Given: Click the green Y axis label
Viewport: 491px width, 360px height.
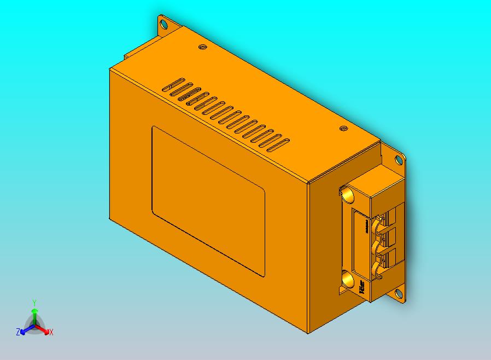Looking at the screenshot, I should [34, 303].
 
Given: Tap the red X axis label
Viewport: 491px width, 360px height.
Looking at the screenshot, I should [51, 332].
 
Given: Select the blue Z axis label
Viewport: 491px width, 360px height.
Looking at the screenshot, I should [18, 332].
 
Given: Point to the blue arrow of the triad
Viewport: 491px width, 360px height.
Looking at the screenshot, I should [25, 329].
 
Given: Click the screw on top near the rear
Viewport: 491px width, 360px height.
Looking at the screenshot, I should [202, 48].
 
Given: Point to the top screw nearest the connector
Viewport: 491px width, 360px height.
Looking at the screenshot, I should [343, 129].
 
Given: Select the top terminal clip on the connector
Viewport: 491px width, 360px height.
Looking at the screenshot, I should [378, 224].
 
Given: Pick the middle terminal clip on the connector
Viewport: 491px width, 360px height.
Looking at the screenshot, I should [378, 248].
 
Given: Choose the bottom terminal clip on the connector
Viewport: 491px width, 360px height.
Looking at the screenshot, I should [378, 269].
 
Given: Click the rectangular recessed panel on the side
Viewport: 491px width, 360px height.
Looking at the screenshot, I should [208, 200].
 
